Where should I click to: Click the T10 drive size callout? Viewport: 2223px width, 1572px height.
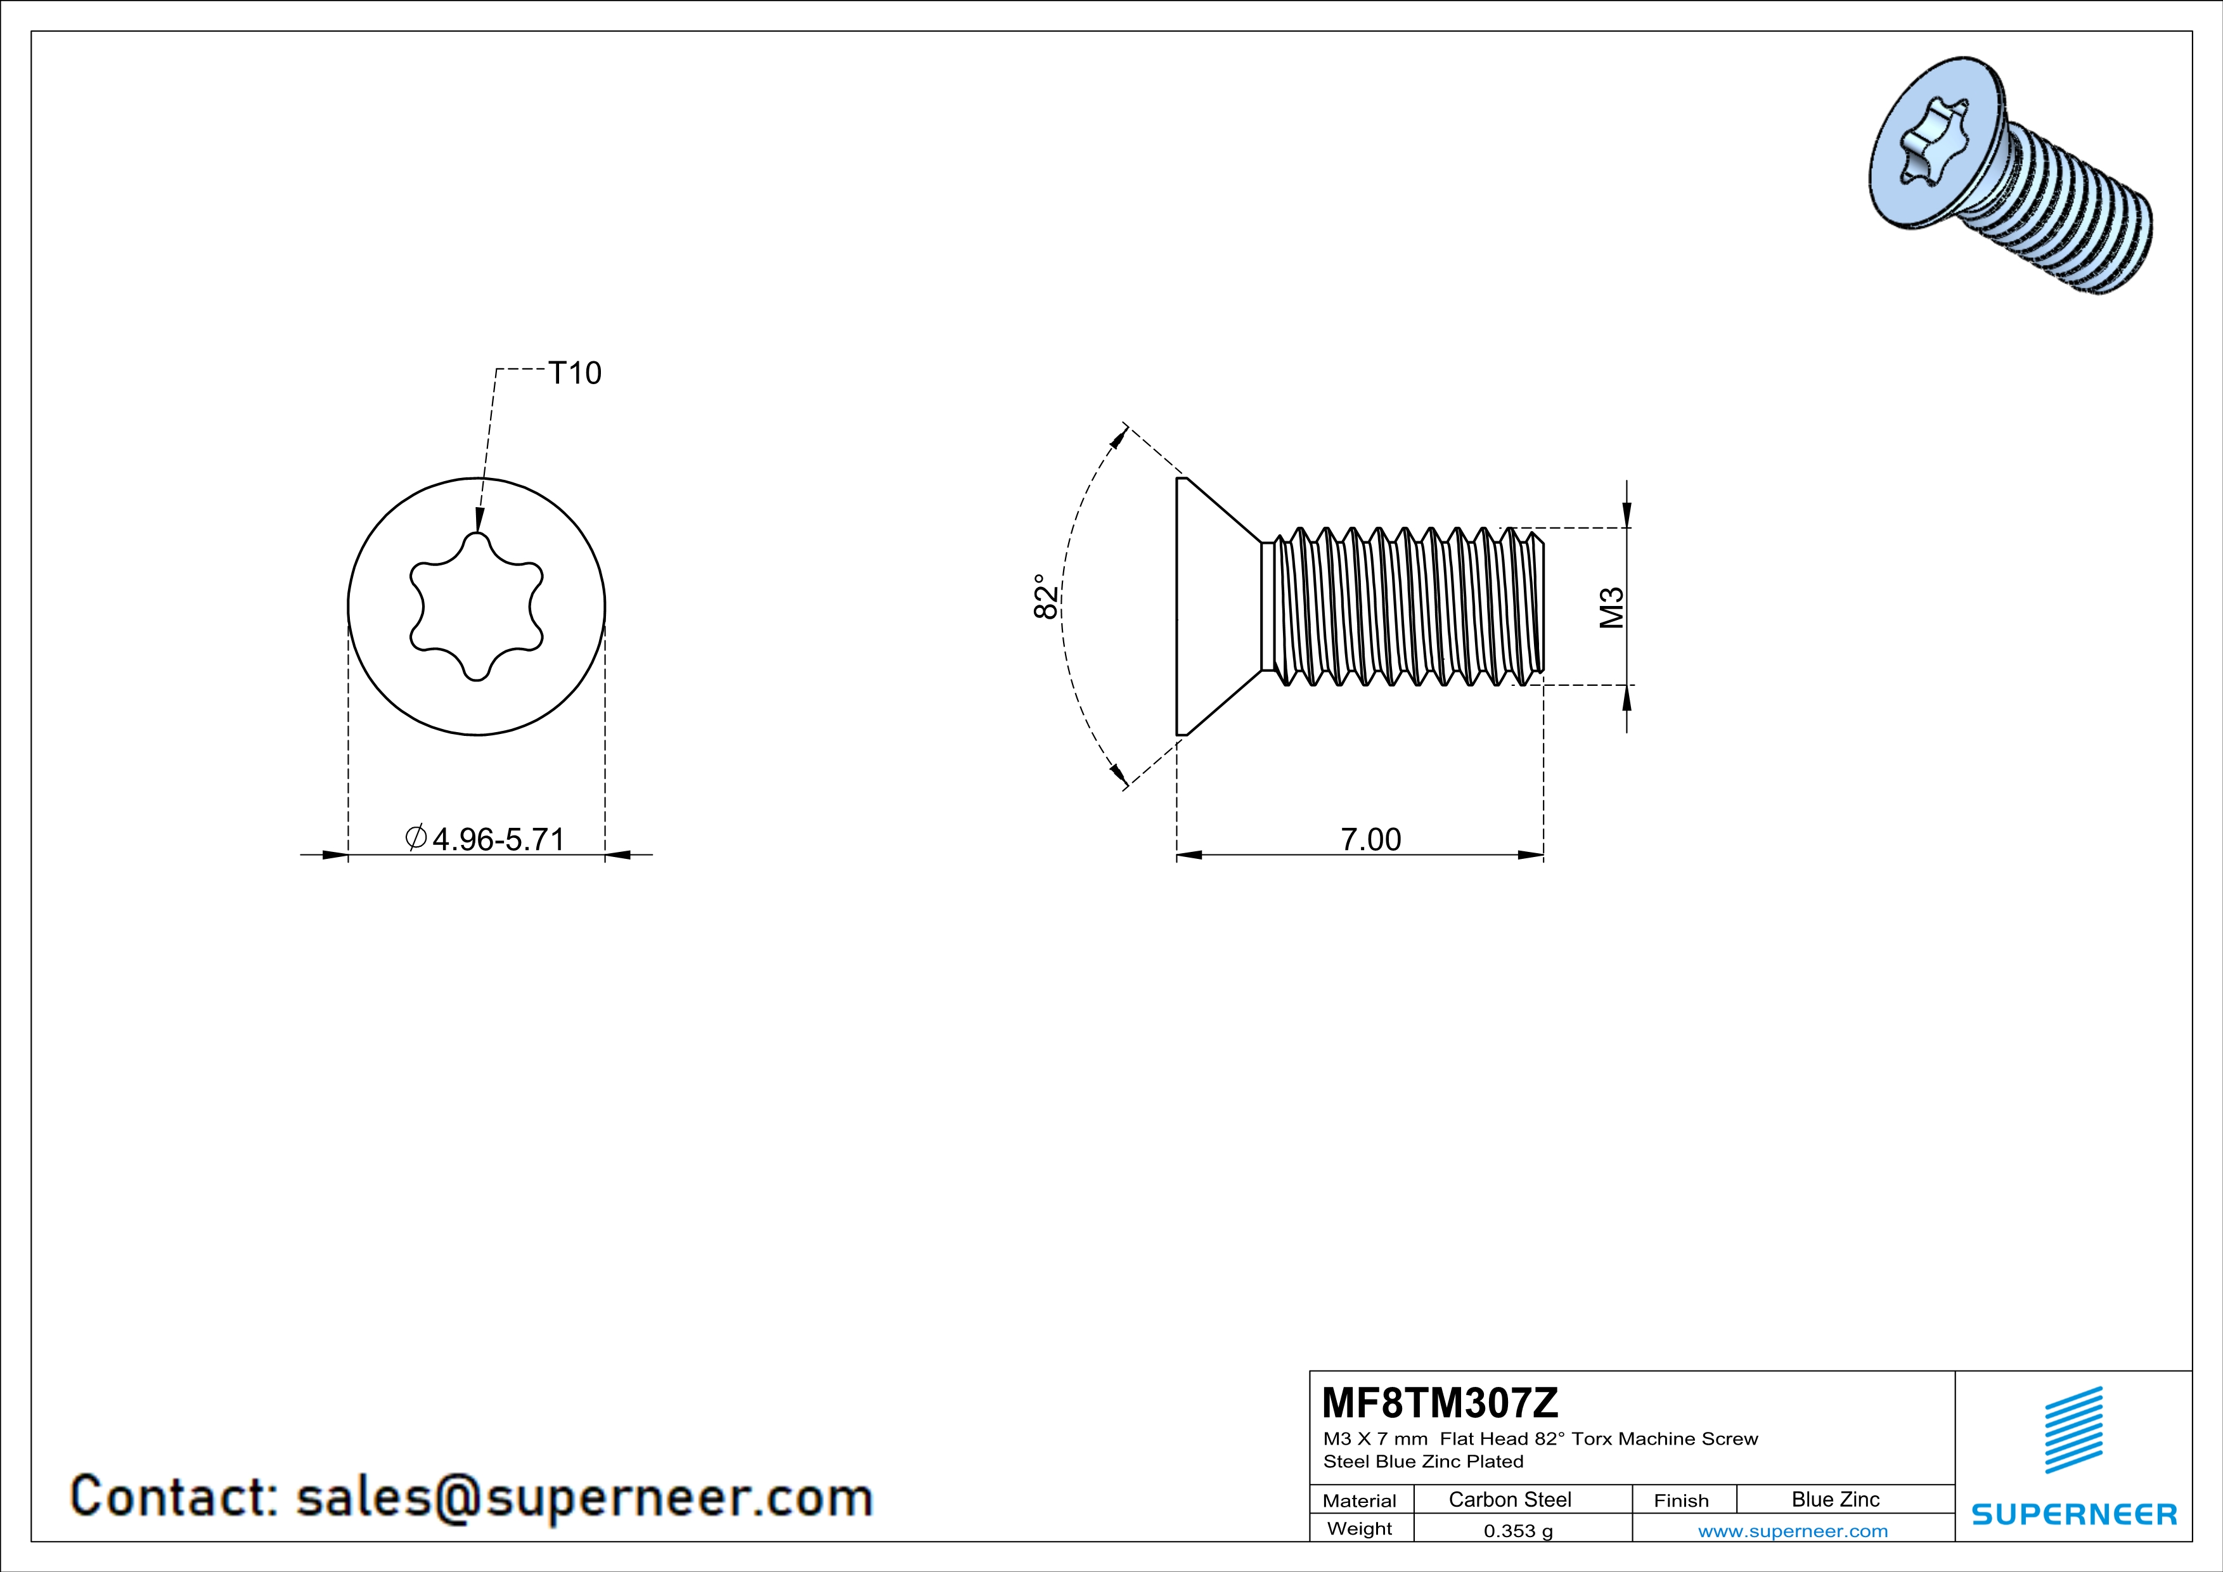[x=574, y=373]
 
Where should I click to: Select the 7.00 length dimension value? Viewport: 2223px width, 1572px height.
[x=1370, y=839]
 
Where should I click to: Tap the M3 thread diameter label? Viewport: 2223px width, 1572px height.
[x=1611, y=608]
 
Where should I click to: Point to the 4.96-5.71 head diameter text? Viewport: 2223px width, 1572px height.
[x=498, y=839]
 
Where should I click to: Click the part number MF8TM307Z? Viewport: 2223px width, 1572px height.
[x=1440, y=1403]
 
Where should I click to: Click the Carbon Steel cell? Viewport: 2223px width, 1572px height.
[x=1509, y=1499]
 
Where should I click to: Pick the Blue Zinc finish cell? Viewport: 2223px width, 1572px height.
[x=1834, y=1499]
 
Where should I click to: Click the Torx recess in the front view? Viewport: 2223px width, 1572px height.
[x=477, y=607]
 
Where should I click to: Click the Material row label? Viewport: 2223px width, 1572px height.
[x=1360, y=1500]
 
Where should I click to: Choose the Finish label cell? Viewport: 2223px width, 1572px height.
[x=1681, y=1500]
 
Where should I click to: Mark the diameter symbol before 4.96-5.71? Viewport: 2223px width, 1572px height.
[x=415, y=837]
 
